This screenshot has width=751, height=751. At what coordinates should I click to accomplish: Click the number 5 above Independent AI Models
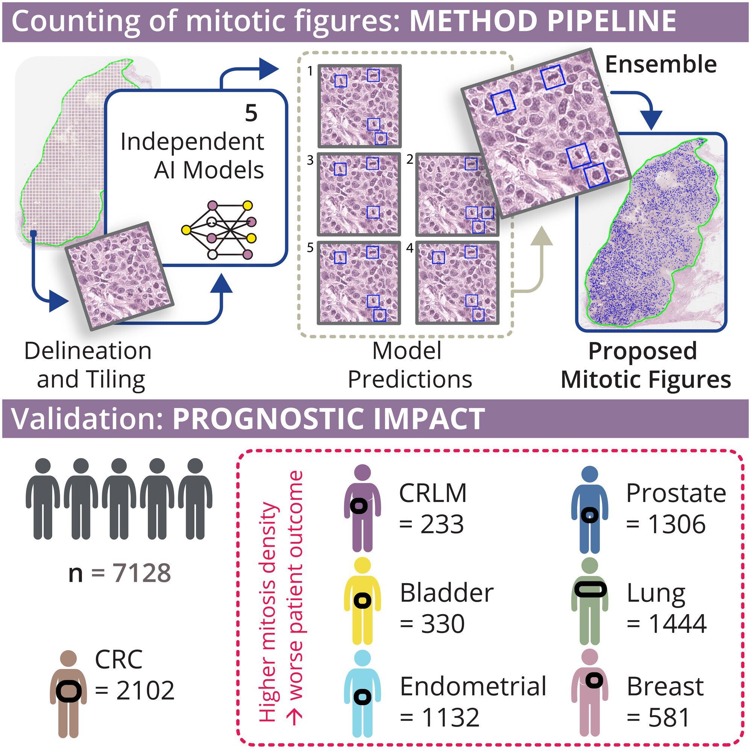251,113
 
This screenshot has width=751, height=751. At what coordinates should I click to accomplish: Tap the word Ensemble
660,65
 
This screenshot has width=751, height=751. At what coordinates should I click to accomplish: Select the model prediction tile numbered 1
359,106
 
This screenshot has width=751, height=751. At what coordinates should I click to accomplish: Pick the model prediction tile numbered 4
457,282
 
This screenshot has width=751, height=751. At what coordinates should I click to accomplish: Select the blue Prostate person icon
590,509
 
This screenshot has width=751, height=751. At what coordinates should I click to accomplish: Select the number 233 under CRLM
442,524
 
